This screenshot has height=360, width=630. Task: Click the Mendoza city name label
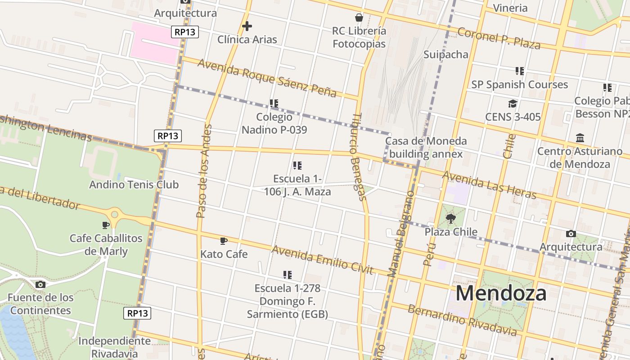(501, 293)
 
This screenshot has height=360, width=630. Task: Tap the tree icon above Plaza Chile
(450, 219)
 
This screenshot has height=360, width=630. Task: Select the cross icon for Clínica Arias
(247, 26)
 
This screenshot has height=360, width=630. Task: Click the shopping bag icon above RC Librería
(359, 18)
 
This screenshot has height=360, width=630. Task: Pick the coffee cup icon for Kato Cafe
(224, 241)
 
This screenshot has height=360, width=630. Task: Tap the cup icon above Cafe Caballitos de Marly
(106, 225)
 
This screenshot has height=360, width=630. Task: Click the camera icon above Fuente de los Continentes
(40, 284)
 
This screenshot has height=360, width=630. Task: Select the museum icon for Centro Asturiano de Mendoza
(580, 138)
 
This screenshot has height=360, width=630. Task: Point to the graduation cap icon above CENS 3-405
(513, 104)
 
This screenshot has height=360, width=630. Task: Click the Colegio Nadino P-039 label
(274, 123)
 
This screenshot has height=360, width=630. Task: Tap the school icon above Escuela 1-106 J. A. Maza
(297, 166)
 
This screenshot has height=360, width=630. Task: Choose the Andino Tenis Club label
(134, 184)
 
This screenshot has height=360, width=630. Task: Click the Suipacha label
(445, 54)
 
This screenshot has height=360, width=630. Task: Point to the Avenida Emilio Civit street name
(322, 260)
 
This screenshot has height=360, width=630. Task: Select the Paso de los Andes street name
(204, 171)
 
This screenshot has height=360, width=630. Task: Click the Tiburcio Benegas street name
(357, 156)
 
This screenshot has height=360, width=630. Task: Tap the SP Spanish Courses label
(519, 85)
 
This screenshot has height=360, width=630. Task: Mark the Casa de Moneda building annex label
(426, 147)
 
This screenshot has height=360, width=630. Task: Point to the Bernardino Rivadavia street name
(462, 320)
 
